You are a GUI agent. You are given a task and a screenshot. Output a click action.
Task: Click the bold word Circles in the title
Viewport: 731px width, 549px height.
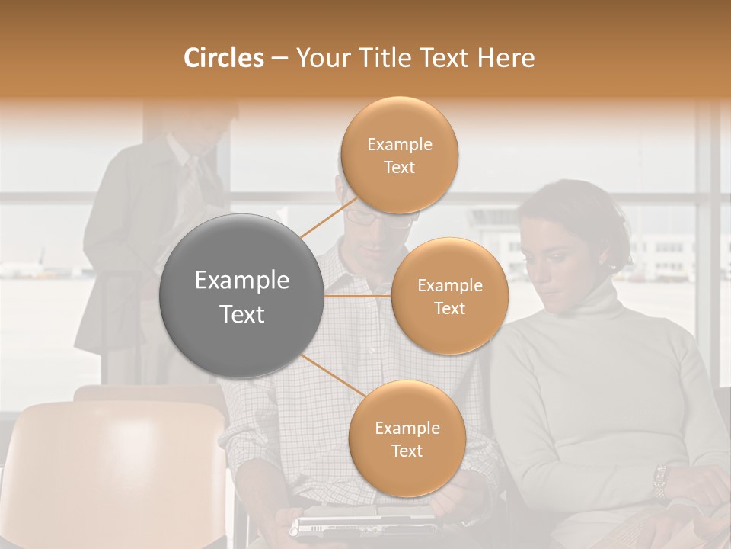point(223,58)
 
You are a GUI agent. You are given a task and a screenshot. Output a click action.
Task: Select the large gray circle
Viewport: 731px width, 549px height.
point(241,296)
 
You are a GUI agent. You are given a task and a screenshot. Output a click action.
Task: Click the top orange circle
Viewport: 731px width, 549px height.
point(399,155)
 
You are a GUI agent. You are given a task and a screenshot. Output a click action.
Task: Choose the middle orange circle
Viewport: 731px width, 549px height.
point(449,296)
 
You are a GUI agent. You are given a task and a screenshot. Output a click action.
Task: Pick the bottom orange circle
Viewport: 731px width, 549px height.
point(407,438)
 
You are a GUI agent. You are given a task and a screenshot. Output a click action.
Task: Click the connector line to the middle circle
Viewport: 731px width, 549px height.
point(358,296)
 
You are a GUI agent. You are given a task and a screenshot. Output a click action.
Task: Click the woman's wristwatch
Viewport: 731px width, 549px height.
point(660,480)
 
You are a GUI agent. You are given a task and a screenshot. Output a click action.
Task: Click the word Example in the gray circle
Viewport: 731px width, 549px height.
point(241,281)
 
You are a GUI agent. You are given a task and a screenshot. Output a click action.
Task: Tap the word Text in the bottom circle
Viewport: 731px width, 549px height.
point(407,451)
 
